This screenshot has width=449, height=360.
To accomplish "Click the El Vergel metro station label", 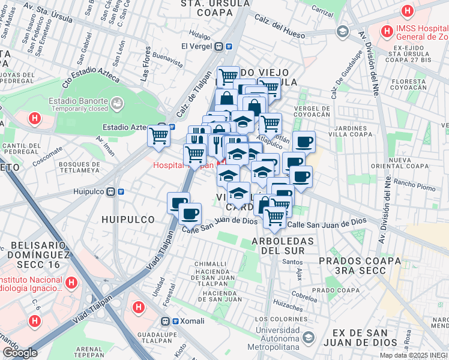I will pyautogui.click(x=197, y=46).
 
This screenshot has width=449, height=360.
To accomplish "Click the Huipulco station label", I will pyautogui.click(x=89, y=191).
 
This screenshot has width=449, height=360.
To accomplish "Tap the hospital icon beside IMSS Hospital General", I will pyautogui.click(x=386, y=30).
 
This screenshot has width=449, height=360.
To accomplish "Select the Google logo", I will pyautogui.click(x=20, y=353).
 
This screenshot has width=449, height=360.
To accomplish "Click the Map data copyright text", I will pyautogui.click(x=414, y=355).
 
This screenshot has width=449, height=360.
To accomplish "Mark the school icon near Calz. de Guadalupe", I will pyautogui.click(x=343, y=31).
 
